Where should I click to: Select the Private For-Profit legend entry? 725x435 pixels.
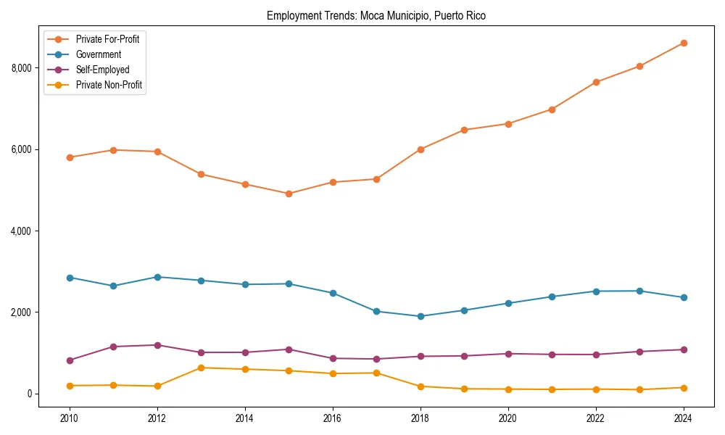107,39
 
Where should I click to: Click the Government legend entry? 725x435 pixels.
99,54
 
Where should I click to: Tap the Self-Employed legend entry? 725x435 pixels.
102,70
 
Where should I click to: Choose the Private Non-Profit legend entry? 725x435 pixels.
109,86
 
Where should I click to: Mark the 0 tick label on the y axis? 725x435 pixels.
30,394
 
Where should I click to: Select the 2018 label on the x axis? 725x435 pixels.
420,418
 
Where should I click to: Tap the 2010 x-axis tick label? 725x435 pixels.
70,418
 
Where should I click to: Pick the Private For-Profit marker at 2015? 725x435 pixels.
289,194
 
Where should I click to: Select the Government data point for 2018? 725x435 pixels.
420,316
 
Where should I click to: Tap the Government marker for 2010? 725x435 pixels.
70,278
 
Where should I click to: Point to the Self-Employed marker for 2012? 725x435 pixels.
157,345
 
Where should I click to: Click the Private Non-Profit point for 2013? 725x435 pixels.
201,368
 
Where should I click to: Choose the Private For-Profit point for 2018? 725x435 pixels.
420,149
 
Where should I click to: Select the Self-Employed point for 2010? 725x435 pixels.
70,360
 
